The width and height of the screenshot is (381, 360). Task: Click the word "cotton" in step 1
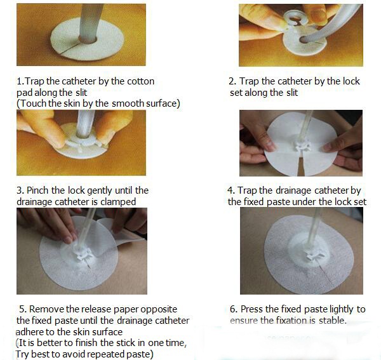(141, 81)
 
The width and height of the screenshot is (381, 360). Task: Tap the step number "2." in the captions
(232, 81)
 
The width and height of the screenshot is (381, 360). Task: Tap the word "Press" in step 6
(251, 309)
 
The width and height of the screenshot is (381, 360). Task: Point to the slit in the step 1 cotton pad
(69, 48)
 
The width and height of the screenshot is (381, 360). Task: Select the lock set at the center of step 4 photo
(302, 146)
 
